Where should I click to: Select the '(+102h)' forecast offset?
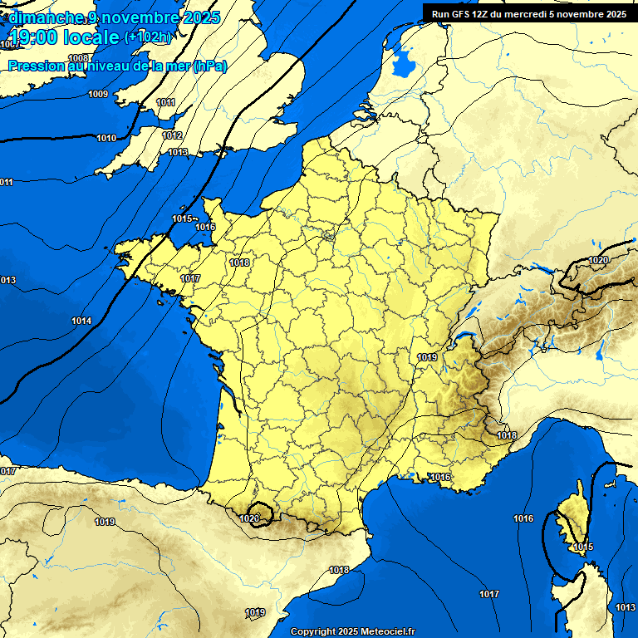pyautogui.click(x=149, y=37)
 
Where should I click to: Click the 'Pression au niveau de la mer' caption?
pyautogui.click(x=116, y=66)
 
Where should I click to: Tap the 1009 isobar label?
pyautogui.click(x=98, y=94)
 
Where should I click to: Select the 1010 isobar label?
pyautogui.click(x=106, y=138)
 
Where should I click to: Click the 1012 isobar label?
pyautogui.click(x=172, y=135)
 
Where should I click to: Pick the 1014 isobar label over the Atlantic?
pyautogui.click(x=81, y=321)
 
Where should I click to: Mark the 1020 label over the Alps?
pyautogui.click(x=598, y=260)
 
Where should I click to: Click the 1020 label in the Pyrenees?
pyautogui.click(x=248, y=518)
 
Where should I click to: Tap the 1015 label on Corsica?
pyautogui.click(x=582, y=547)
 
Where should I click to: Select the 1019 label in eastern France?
pyautogui.click(x=427, y=357)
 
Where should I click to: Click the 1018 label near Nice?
pyautogui.click(x=507, y=435)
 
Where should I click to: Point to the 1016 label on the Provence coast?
pyautogui.click(x=440, y=477)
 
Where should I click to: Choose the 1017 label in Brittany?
pyautogui.click(x=190, y=278)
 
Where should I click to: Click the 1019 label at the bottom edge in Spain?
pyautogui.click(x=255, y=612)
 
